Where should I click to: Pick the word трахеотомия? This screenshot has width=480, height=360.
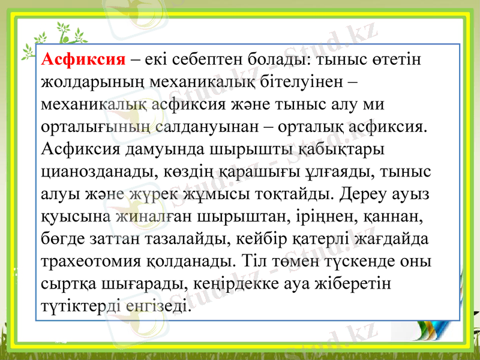[91, 262]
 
